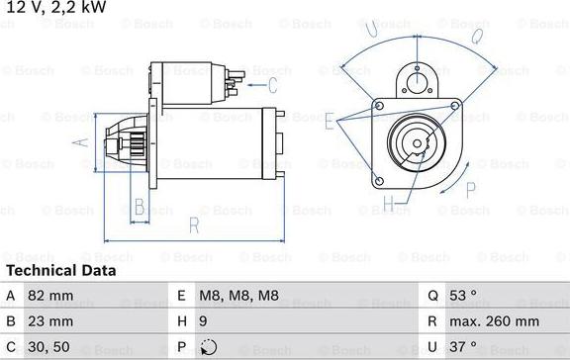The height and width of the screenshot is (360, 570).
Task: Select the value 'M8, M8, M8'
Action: click(239, 296)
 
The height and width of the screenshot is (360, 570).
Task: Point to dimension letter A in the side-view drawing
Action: click(83, 142)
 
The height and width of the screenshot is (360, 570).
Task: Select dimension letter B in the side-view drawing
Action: click(140, 207)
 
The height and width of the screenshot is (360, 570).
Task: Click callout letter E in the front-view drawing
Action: click(329, 119)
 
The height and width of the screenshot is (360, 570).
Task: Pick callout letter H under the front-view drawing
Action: click(389, 206)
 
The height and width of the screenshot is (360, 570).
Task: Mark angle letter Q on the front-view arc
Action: click(476, 37)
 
